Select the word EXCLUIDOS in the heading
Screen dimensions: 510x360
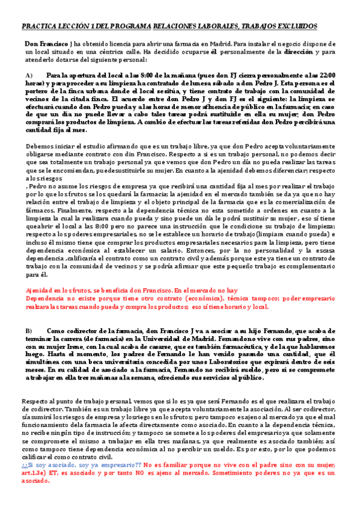pos(296,27)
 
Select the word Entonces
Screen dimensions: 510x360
pos(145,248)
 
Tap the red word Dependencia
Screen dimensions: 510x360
pos(47,298)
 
